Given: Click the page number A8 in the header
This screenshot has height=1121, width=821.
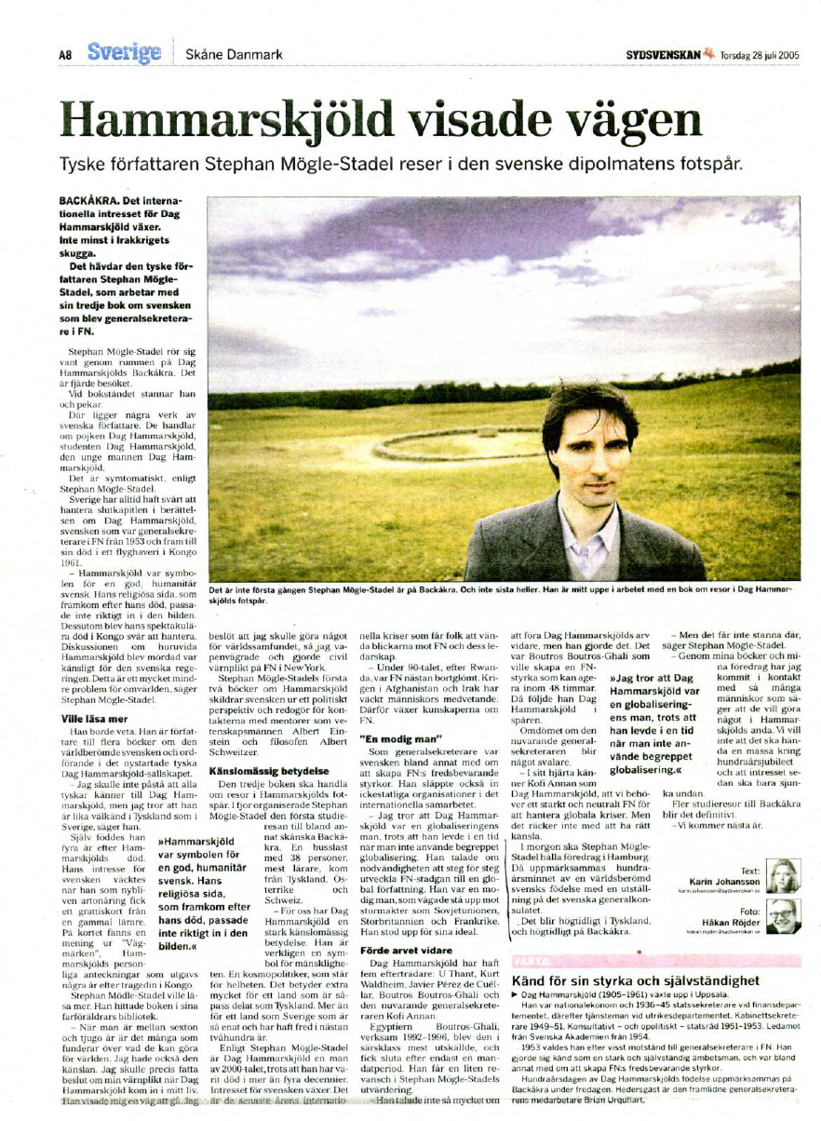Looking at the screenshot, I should pyautogui.click(x=65, y=55).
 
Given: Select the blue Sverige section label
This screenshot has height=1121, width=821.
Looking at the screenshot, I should pyautogui.click(x=125, y=52).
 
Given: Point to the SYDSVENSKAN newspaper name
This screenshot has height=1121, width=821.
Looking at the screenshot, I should pyautogui.click(x=662, y=54).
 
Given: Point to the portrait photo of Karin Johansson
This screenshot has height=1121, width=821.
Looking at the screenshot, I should pyautogui.click(x=782, y=875).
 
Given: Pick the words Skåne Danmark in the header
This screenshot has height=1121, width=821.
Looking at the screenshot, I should pyautogui.click(x=234, y=54).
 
